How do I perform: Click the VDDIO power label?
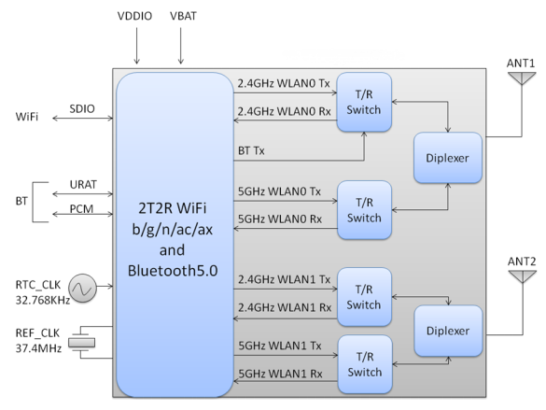(134, 16)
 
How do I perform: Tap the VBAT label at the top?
(183, 16)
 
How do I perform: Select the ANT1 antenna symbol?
(522, 78)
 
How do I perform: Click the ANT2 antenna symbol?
(523, 276)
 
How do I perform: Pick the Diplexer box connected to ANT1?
(448, 158)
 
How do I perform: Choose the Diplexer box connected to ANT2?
(449, 331)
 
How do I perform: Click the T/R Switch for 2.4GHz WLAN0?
(364, 102)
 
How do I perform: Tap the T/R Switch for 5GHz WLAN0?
(365, 210)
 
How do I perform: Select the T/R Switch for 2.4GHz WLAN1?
(365, 297)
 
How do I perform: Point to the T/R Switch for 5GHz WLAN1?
(365, 364)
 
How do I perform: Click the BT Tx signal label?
(251, 151)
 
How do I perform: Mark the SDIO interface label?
(82, 108)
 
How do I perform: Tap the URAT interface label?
(83, 184)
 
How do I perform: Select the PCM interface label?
(81, 208)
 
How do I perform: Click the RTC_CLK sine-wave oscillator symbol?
(82, 288)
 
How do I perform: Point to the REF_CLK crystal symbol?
(81, 343)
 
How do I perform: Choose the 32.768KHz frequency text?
(43, 301)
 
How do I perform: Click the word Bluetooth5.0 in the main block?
(173, 271)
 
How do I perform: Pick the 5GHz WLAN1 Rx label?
(280, 374)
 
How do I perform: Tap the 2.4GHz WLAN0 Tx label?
(284, 84)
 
